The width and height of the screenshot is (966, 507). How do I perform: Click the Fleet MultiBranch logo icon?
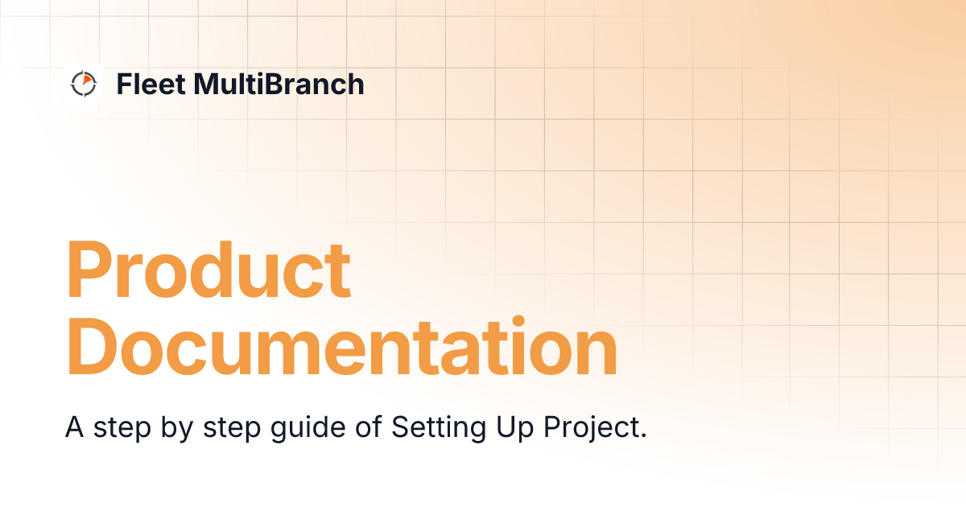coord(83,83)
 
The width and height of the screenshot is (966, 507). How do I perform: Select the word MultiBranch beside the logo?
coord(279,84)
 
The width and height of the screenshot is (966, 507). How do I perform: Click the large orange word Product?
coord(208,269)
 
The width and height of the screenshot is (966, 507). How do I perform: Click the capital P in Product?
coord(89,269)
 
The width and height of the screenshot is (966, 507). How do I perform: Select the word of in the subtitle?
coord(368,428)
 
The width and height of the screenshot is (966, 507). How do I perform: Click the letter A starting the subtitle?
coord(74,427)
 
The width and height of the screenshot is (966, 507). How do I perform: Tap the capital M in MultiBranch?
coord(205,84)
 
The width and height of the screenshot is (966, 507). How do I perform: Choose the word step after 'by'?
coord(227,428)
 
